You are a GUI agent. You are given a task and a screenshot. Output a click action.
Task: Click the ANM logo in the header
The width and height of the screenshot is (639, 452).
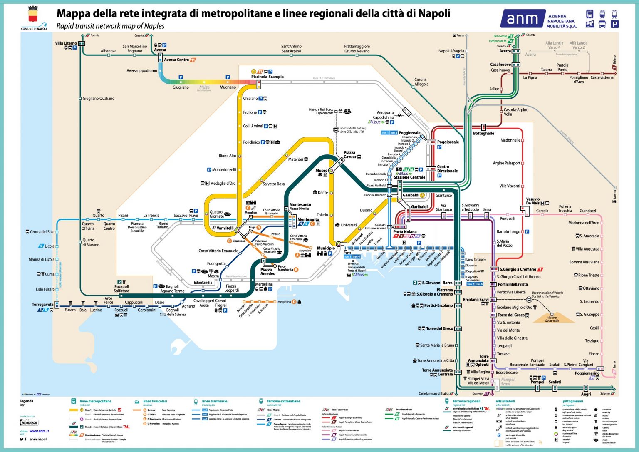tap(523, 19)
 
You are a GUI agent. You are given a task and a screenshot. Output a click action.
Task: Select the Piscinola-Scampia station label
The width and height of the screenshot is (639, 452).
tap(267, 77)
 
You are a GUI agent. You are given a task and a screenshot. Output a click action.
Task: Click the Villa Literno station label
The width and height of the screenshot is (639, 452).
tap(66, 43)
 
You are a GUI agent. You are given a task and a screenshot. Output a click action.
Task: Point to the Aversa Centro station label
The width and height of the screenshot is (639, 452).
tap(176, 60)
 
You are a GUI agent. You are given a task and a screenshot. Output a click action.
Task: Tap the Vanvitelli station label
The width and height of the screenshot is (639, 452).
tap(225, 228)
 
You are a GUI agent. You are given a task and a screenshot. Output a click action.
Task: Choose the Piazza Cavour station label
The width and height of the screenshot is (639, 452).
tap(350, 155)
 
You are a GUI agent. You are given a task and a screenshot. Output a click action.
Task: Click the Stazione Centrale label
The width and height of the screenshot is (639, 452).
tap(409, 177)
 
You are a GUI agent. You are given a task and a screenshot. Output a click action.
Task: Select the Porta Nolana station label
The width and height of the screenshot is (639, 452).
tap(405, 232)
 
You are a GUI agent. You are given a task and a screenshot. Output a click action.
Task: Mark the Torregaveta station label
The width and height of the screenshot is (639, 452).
tap(42, 305)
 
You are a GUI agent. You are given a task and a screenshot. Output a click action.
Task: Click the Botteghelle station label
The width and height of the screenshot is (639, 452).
tap(483, 133)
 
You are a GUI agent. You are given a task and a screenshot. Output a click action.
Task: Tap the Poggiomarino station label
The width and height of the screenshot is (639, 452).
tap(587, 373)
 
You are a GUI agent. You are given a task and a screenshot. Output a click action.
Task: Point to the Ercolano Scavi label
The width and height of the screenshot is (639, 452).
tap(476, 299)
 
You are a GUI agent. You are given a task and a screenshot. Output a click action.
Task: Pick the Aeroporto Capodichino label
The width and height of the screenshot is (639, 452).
tap(385, 115)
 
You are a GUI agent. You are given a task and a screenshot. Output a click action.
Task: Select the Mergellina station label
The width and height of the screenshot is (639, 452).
tap(264, 284)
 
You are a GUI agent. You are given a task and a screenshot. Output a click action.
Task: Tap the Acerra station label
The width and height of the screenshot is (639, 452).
tap(505, 51)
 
